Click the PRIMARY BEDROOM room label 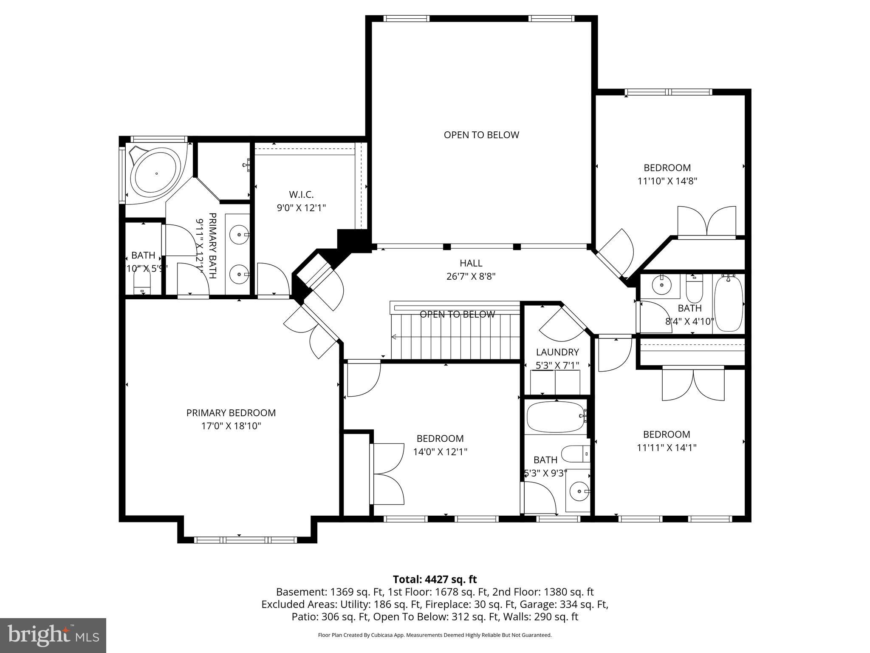[231, 413]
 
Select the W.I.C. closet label [301, 195]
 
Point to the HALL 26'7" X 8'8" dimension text [471, 276]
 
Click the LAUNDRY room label [557, 352]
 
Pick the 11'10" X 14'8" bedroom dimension [667, 181]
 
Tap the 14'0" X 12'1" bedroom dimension [440, 452]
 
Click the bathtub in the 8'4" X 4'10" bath [729, 304]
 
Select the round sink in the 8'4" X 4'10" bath [661, 285]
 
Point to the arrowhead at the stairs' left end [394, 337]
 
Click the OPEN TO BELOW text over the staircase [457, 314]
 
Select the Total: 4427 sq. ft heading [435, 579]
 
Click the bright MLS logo [53, 635]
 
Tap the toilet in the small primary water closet [142, 282]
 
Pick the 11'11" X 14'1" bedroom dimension [667, 448]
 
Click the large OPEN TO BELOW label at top [481, 135]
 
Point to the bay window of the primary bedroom [245, 540]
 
